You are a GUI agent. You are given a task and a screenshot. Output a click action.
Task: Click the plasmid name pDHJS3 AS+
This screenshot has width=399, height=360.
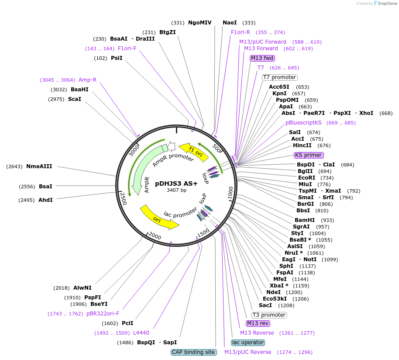pyautogui.click(x=176, y=184)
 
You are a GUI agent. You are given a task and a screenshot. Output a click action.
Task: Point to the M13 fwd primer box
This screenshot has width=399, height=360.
pyautogui.click(x=262, y=58)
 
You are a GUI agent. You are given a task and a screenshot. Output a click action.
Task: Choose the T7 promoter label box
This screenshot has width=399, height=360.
pyautogui.click(x=279, y=77)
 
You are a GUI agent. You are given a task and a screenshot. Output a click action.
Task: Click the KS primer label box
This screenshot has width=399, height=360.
pyautogui.click(x=309, y=155)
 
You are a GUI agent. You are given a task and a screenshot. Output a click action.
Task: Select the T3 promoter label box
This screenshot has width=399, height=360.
pyautogui.click(x=269, y=315)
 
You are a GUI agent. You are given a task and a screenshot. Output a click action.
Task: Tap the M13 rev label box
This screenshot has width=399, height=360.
pyautogui.click(x=258, y=323)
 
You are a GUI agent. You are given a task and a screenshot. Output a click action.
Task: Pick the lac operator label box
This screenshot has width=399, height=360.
pyautogui.click(x=248, y=343)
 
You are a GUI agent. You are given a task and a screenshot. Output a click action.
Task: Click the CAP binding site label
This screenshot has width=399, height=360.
pyautogui.click(x=193, y=352)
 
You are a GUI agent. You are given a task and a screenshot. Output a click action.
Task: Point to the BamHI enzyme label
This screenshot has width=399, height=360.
pyautogui.click(x=305, y=220)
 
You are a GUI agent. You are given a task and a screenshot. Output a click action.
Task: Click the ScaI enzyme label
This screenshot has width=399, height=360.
pyautogui.click(x=74, y=99)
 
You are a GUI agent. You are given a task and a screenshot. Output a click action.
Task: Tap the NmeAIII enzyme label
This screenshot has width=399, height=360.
pyautogui.click(x=39, y=166)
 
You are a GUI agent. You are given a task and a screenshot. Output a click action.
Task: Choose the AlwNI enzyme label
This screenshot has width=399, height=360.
pyautogui.click(x=82, y=287)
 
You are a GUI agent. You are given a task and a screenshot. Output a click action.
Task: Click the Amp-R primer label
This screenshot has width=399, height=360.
pyautogui.click(x=87, y=80)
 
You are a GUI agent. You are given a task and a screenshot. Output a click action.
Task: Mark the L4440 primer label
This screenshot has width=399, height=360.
pyautogui.click(x=141, y=333)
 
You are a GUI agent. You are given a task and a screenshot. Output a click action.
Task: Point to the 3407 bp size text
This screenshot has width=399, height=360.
pyautogui.click(x=176, y=190)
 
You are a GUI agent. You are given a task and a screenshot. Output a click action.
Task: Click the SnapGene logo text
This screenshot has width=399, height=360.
pyautogui.click(x=385, y=3)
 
